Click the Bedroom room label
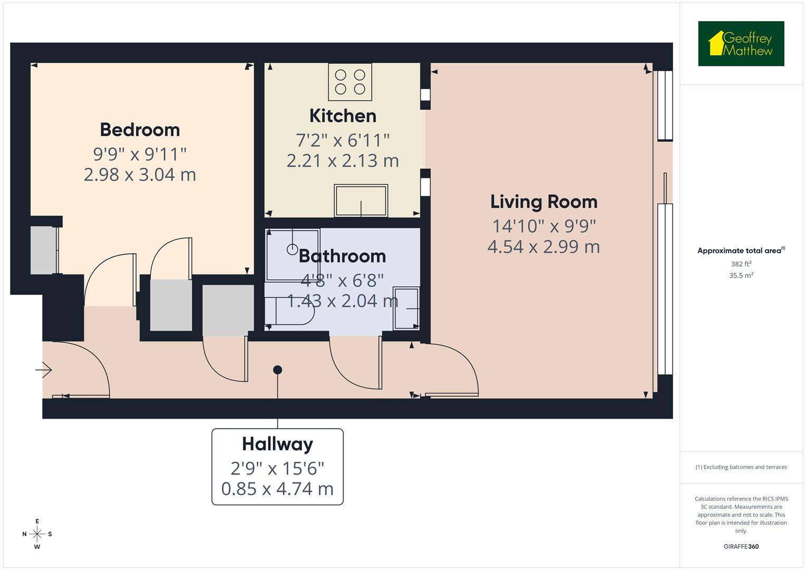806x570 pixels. (x=140, y=130)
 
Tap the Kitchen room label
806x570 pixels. (x=343, y=116)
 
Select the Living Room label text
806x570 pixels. (x=544, y=202)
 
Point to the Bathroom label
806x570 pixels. (x=342, y=256)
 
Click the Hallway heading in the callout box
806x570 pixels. (x=277, y=444)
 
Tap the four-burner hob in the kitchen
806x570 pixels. (x=350, y=82)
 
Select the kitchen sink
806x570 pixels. (x=361, y=201)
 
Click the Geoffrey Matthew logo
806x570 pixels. (x=741, y=44)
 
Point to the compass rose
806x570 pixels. (x=37, y=534)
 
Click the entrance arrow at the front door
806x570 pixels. (x=44, y=370)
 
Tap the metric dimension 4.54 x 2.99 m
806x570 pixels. (x=544, y=246)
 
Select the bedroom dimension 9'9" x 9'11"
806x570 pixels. (x=140, y=154)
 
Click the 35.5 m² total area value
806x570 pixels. (x=741, y=275)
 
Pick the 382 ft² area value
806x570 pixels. (x=741, y=264)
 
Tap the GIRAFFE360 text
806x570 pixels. (x=741, y=546)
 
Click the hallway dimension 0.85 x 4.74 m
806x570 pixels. (x=277, y=489)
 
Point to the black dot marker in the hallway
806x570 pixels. (x=278, y=370)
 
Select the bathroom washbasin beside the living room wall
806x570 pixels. (x=406, y=308)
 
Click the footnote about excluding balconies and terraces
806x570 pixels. (x=741, y=467)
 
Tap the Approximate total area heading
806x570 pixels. (x=741, y=251)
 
